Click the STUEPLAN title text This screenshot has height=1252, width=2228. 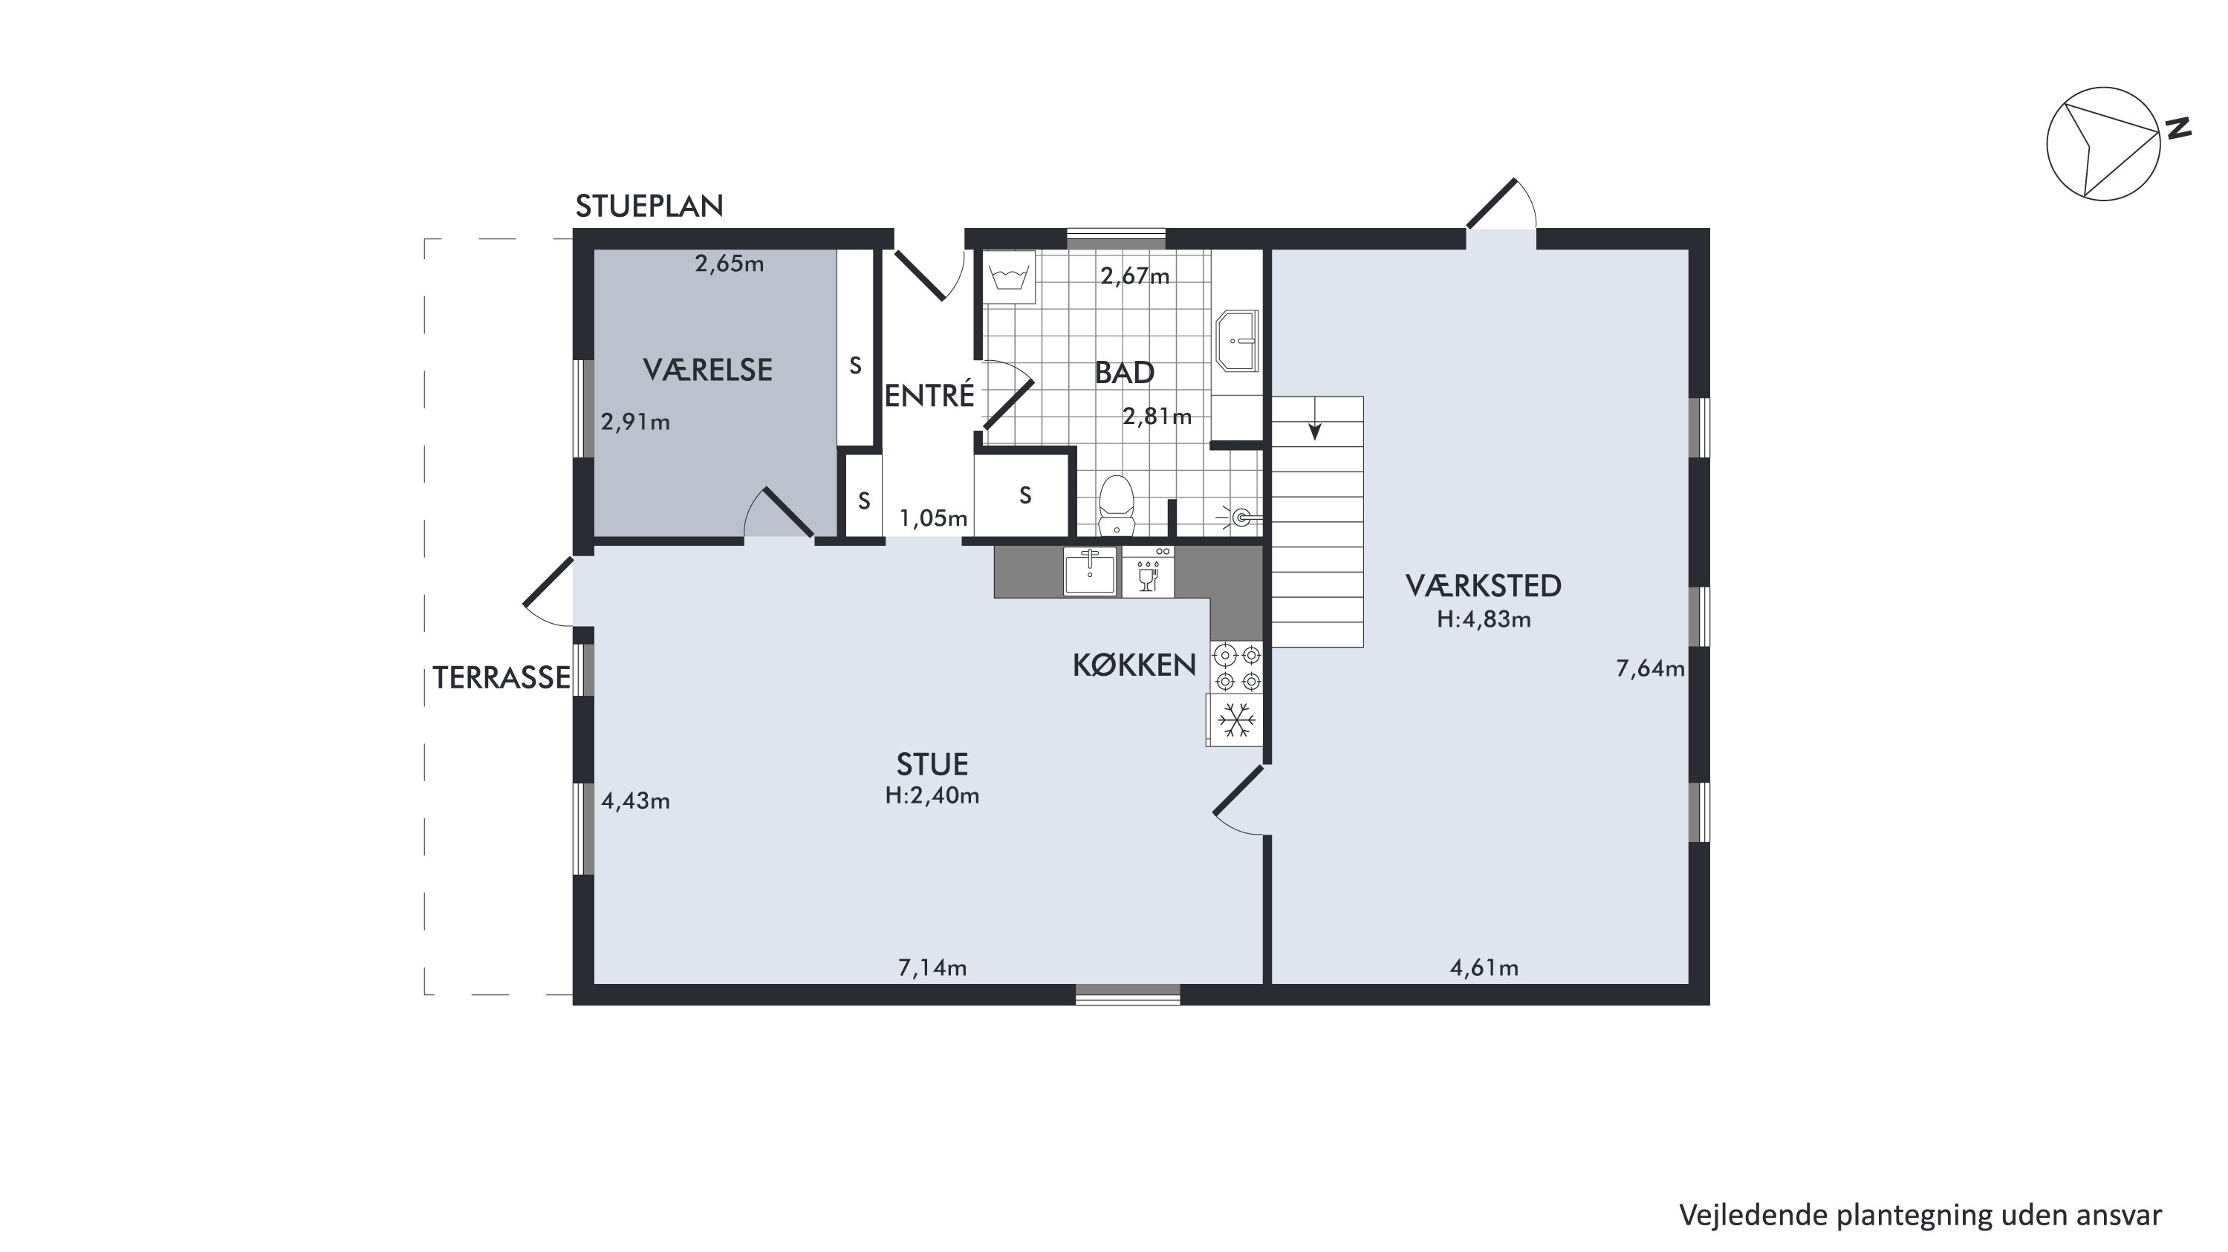coord(649,206)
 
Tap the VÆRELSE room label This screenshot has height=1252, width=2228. coord(707,370)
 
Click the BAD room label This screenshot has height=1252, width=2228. coord(1124,373)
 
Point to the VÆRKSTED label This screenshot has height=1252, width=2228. coord(1484,586)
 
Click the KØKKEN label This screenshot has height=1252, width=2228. coord(1134,665)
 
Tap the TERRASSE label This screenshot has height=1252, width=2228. coord(501,678)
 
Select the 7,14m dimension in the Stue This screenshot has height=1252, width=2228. coord(932,968)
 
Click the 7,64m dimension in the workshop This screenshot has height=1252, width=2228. coord(1650,668)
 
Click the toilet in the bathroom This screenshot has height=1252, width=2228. coord(1116,505)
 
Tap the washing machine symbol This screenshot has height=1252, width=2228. coord(1010,277)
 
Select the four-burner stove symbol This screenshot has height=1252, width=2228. coord(1237,668)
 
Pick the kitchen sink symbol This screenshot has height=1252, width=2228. coord(1090,572)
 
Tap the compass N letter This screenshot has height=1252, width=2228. coord(2177,128)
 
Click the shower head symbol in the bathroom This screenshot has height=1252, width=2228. coord(1241,518)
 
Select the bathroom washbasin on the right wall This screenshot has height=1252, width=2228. coord(1237,341)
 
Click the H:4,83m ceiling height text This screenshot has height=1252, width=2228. coord(1484,619)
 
